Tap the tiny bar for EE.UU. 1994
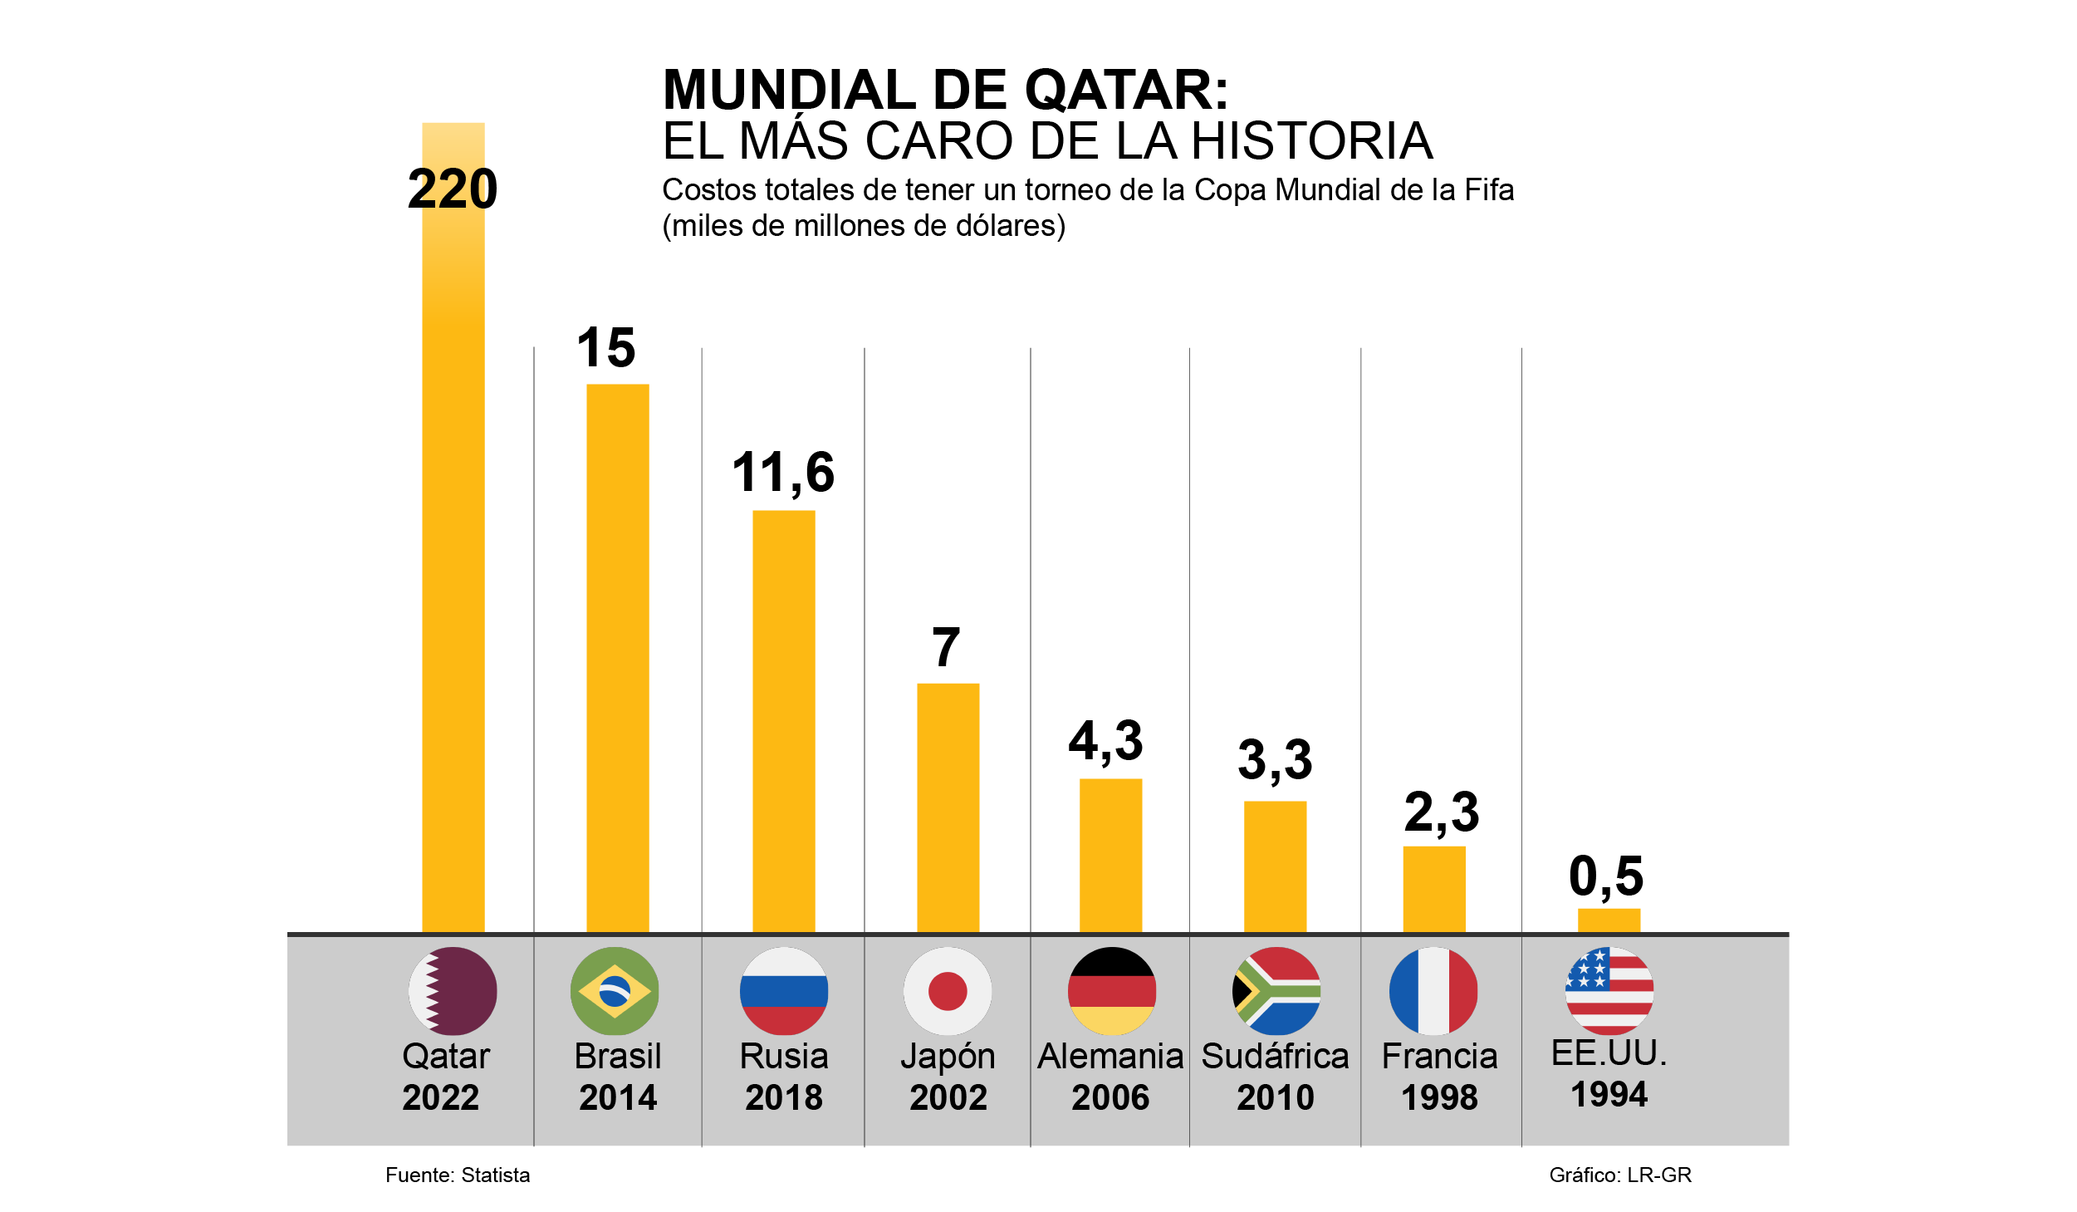[1609, 920]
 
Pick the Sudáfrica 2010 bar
[1275, 866]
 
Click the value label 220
[453, 189]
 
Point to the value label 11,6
[783, 472]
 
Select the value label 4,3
[1105, 740]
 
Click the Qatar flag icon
[453, 991]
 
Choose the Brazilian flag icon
[615, 991]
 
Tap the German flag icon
[1111, 991]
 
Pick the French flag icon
[1433, 991]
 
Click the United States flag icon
[1609, 991]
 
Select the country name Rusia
[783, 1057]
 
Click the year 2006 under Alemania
[1110, 1098]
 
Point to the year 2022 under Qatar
[441, 1098]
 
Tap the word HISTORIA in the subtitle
[1312, 141]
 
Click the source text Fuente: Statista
[458, 1175]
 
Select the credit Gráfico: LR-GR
[1620, 1175]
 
